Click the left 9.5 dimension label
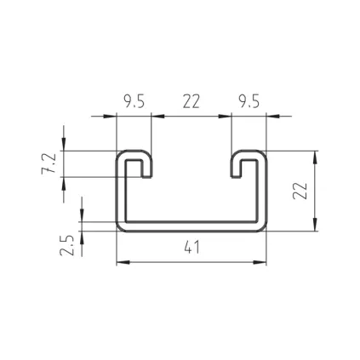coord(134,102)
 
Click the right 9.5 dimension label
coord(249,102)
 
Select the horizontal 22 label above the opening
coord(191,102)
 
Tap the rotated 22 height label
coord(300,191)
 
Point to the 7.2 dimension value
coord(49,163)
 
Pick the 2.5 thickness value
coord(67,245)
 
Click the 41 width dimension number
coord(191,247)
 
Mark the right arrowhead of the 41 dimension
coord(260,262)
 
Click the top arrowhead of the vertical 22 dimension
coord(315,157)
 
